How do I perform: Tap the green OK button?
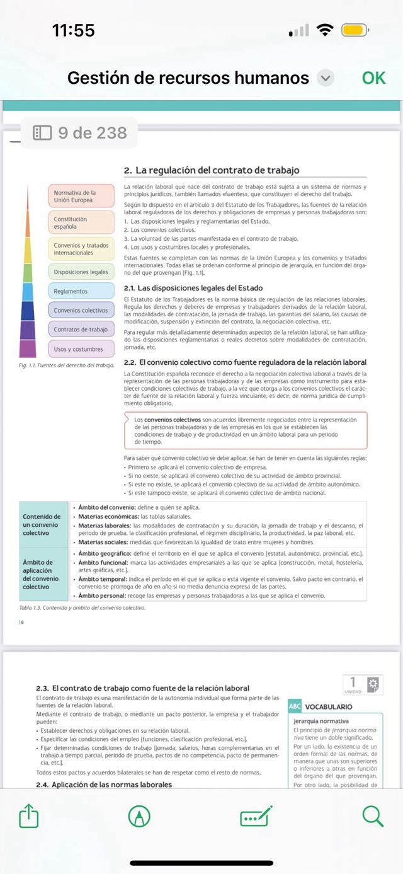[x=373, y=78]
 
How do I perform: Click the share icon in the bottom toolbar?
[x=29, y=817]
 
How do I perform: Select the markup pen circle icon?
[x=139, y=817]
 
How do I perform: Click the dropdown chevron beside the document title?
[x=325, y=78]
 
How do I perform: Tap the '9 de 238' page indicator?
[x=80, y=133]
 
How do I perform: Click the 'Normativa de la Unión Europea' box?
[x=81, y=196]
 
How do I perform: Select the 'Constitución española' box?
[x=81, y=222]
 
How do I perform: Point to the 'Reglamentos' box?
[x=81, y=292]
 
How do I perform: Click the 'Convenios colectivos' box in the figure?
[x=81, y=311]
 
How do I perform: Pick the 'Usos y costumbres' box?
[x=81, y=349]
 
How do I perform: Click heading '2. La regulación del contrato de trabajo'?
[x=212, y=170]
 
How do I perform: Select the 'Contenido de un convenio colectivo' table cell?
[x=43, y=524]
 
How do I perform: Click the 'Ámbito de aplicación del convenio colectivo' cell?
[x=43, y=574]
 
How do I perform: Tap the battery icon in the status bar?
[x=355, y=30]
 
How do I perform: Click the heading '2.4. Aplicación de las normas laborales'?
[x=104, y=785]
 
